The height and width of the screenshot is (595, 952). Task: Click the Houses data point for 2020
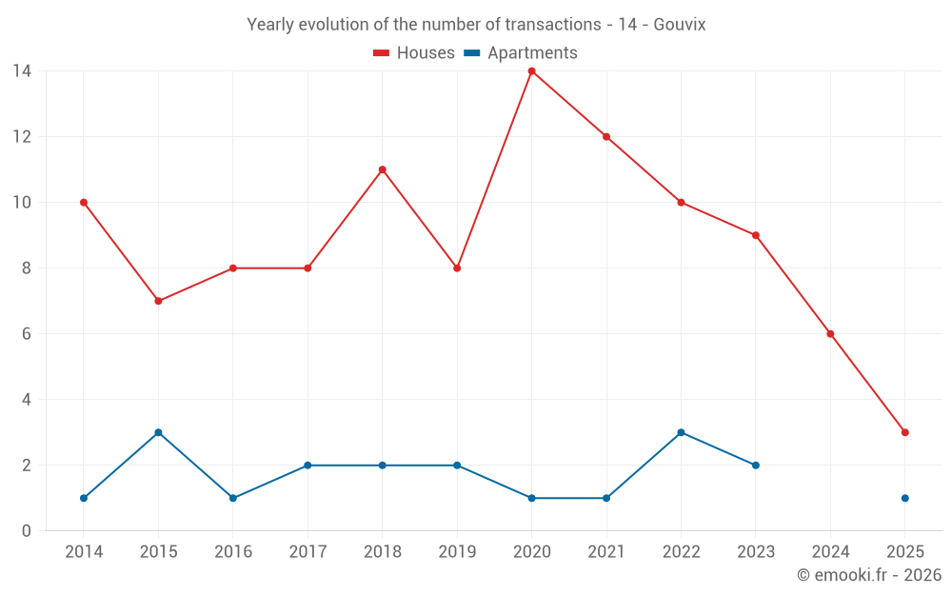click(x=531, y=71)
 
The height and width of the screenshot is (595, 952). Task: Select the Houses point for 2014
click(x=84, y=203)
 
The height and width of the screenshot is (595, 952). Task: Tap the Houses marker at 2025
click(x=904, y=432)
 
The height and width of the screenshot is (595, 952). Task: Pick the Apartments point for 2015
click(x=158, y=432)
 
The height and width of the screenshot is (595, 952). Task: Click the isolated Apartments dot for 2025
click(x=904, y=498)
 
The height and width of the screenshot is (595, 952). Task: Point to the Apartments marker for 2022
click(x=681, y=432)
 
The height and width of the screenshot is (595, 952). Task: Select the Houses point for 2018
click(x=382, y=169)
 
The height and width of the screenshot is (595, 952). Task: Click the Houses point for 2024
click(x=830, y=334)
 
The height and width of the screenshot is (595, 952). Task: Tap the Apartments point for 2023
click(x=755, y=466)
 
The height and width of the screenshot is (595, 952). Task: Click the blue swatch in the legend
click(x=471, y=53)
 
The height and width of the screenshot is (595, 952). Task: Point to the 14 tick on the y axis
click(x=21, y=71)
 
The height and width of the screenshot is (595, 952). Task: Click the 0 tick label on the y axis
click(x=26, y=531)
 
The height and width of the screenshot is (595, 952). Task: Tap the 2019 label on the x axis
click(x=457, y=552)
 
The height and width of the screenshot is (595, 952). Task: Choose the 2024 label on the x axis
click(x=830, y=552)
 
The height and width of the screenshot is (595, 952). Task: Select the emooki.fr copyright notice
click(x=868, y=575)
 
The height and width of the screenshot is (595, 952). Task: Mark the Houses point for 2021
click(x=605, y=137)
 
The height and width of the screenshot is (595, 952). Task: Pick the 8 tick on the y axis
click(x=26, y=268)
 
